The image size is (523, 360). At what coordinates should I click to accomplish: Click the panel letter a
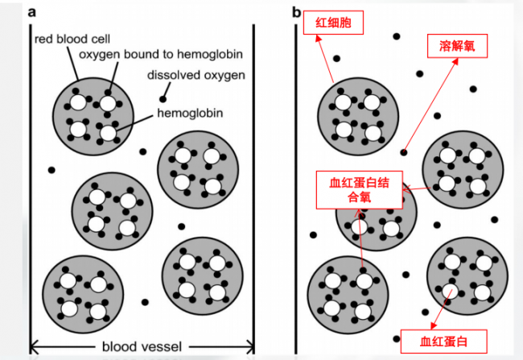tap(31, 12)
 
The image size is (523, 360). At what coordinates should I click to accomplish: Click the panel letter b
tap(297, 12)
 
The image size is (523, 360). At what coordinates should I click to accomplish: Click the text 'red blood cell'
tap(72, 39)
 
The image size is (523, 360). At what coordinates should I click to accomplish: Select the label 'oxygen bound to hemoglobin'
tap(161, 54)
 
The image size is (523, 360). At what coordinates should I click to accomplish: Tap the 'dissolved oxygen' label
tap(196, 75)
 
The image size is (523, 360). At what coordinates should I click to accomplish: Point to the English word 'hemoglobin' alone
tap(190, 114)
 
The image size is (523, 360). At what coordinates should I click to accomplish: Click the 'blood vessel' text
tap(142, 346)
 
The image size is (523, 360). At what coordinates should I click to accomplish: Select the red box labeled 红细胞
tap(333, 23)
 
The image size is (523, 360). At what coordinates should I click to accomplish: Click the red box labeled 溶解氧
tap(457, 46)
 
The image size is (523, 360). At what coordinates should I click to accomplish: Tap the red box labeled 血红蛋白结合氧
tap(359, 190)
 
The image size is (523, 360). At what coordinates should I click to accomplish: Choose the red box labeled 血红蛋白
tap(443, 341)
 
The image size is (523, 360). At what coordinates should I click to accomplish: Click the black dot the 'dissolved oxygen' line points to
tap(163, 99)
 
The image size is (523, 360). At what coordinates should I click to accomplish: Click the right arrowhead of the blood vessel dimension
tap(250, 347)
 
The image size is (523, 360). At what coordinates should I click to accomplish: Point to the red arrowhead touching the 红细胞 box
tap(319, 38)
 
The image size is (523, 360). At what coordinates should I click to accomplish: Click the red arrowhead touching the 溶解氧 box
tap(455, 61)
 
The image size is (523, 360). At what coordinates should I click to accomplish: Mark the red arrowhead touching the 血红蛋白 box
tap(433, 326)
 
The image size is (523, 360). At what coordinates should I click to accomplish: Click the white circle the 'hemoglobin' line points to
tap(108, 133)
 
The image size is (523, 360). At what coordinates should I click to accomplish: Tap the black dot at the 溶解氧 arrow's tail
tap(404, 152)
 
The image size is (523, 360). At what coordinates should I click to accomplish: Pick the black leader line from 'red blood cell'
tap(72, 63)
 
